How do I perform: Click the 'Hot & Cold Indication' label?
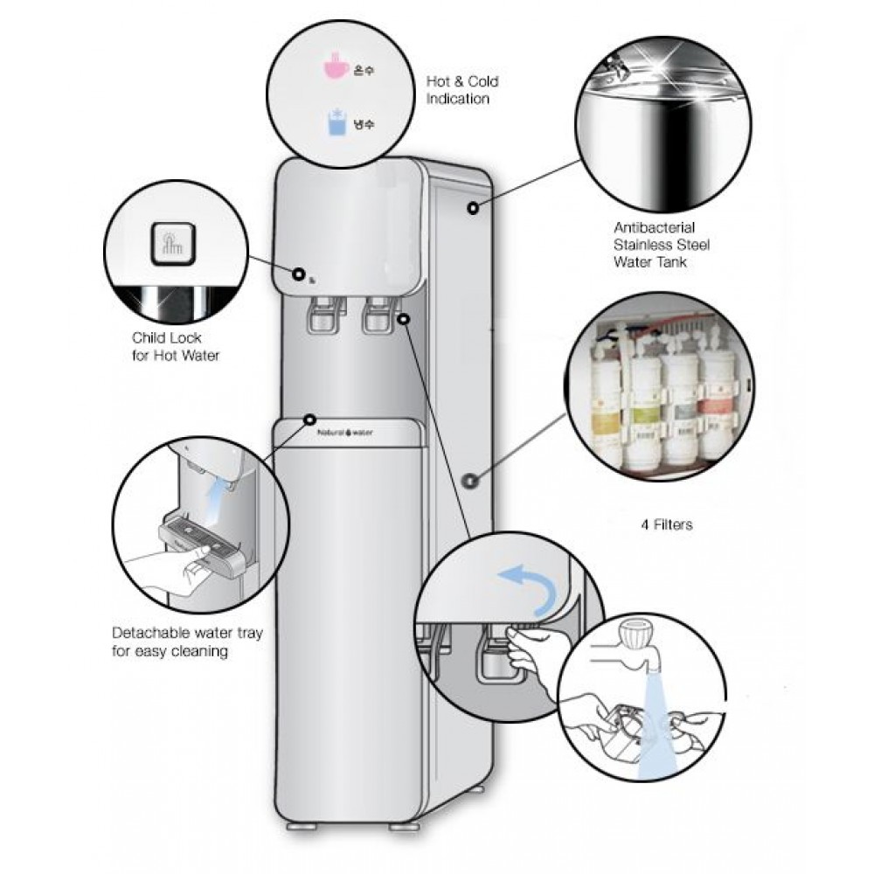[461, 90]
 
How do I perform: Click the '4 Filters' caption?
[667, 525]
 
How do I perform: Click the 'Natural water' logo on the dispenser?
[345, 432]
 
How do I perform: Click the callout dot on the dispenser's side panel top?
[472, 208]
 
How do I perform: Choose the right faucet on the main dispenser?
[378, 315]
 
